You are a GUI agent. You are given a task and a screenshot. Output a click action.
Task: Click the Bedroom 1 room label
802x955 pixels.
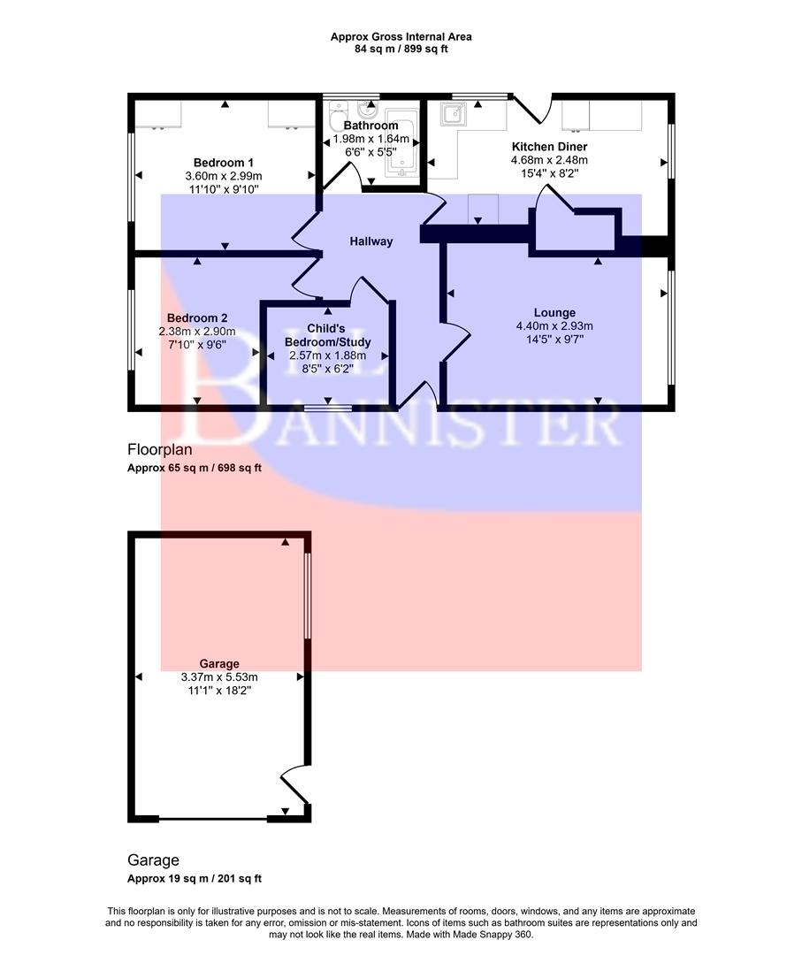pos(224,163)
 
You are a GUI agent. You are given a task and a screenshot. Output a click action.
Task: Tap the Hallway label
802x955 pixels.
pos(370,241)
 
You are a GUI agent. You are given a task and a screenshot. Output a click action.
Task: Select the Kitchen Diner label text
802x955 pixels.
pos(549,147)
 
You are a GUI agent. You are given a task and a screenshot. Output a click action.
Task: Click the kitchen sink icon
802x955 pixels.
pos(455,114)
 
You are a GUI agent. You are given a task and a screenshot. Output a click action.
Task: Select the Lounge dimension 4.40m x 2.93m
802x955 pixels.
pos(554,325)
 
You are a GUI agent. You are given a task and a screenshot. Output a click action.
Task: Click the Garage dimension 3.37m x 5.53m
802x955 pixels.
pos(219,677)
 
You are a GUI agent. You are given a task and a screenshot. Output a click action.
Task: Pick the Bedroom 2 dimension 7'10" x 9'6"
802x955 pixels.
pos(199,345)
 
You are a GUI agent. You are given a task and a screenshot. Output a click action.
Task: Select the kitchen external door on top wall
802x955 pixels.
pos(532,109)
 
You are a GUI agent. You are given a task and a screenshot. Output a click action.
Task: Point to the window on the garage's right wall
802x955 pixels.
pos(307,596)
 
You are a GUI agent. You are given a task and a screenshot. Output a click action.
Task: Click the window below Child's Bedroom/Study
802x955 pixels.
pos(329,407)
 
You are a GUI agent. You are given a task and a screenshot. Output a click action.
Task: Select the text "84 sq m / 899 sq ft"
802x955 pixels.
pos(401,50)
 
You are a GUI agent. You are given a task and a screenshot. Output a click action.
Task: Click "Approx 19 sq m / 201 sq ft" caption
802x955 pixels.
pos(195,879)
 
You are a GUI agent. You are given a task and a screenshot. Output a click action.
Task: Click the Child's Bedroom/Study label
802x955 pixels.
pos(328,335)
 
